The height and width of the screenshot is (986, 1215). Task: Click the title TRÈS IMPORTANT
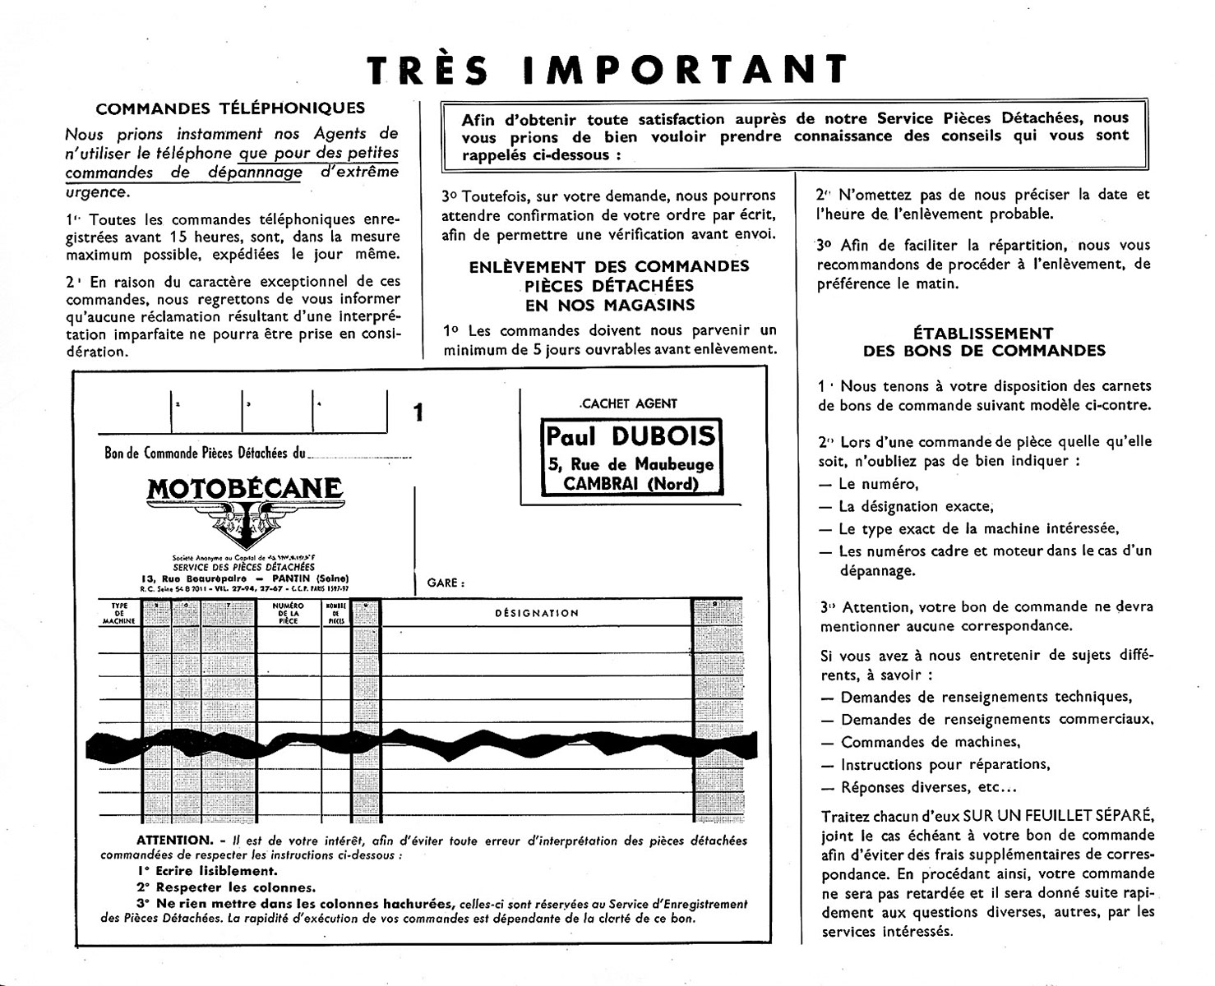(x=607, y=70)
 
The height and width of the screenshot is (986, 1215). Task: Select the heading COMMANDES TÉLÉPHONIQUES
(x=230, y=108)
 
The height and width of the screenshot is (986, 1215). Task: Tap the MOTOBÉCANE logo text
(x=244, y=489)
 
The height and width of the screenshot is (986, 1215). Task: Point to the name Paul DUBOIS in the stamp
(x=631, y=436)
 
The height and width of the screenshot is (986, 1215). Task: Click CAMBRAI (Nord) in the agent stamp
(x=631, y=484)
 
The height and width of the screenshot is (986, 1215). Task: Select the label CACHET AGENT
(x=629, y=403)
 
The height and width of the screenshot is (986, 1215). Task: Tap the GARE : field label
(x=446, y=583)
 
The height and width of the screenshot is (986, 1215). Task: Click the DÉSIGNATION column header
(x=536, y=613)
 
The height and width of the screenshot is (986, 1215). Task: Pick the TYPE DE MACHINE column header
(x=119, y=613)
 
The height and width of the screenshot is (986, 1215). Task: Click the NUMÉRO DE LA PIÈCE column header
(x=289, y=613)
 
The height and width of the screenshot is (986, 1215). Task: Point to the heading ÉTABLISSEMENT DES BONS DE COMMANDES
(x=983, y=342)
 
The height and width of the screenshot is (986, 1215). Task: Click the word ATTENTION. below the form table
(x=174, y=840)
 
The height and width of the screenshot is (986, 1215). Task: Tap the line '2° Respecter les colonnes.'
(x=226, y=887)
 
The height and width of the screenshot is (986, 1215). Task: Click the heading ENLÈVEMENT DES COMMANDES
(x=609, y=267)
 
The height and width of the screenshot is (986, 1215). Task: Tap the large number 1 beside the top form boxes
(x=418, y=412)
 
